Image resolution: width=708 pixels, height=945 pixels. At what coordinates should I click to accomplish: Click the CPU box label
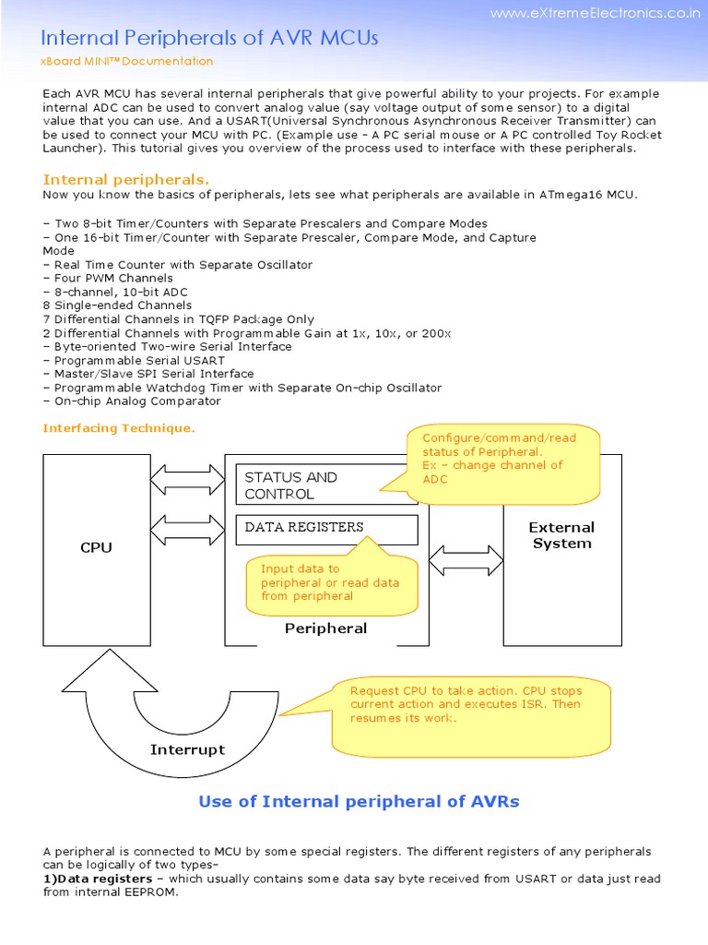(96, 547)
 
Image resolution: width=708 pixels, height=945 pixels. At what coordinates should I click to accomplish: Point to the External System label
(561, 535)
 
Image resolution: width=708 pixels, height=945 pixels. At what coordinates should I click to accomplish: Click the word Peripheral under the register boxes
(325, 628)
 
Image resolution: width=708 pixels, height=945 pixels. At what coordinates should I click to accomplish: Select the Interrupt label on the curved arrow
(187, 749)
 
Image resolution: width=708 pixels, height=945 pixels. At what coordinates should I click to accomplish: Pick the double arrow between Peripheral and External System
(466, 560)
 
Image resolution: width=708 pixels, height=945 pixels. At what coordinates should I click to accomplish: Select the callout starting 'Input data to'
(329, 582)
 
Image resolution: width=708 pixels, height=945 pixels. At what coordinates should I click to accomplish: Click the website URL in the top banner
(595, 13)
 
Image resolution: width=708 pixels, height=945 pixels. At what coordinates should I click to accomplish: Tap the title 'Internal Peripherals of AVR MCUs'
(210, 38)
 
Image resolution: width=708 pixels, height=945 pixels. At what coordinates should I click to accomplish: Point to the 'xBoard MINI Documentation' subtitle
(128, 62)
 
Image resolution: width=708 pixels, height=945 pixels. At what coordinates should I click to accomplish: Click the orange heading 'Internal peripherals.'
(126, 179)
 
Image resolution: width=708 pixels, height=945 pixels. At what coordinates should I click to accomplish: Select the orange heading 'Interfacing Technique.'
(119, 428)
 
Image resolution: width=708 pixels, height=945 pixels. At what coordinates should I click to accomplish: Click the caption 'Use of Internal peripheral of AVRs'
(359, 801)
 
